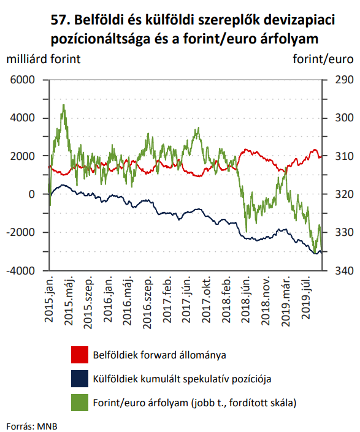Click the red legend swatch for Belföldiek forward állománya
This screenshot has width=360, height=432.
pyautogui.click(x=80, y=355)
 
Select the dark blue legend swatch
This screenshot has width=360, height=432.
pyautogui.click(x=80, y=379)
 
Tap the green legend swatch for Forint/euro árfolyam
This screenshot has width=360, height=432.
pyautogui.click(x=80, y=403)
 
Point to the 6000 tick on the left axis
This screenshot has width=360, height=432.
pyautogui.click(x=22, y=80)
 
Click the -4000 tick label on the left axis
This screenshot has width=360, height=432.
pyautogui.click(x=21, y=271)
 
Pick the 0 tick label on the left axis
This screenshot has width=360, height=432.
pyautogui.click(x=32, y=194)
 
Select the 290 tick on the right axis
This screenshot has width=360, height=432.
pyautogui.click(x=344, y=80)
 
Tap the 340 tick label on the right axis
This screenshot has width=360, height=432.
pyautogui.click(x=344, y=271)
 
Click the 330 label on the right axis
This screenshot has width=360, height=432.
pyautogui.click(x=344, y=232)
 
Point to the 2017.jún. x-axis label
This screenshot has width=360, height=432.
pyautogui.click(x=186, y=299)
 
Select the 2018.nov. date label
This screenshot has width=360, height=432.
pyautogui.click(x=266, y=301)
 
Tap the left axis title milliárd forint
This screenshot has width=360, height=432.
pyautogui.click(x=44, y=59)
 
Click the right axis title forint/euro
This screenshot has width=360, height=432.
pyautogui.click(x=323, y=59)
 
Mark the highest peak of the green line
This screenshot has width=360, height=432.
pyautogui.click(x=64, y=105)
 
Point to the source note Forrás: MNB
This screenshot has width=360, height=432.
pyautogui.click(x=32, y=426)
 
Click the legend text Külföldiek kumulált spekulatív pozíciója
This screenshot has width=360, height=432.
pyautogui.click(x=182, y=379)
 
